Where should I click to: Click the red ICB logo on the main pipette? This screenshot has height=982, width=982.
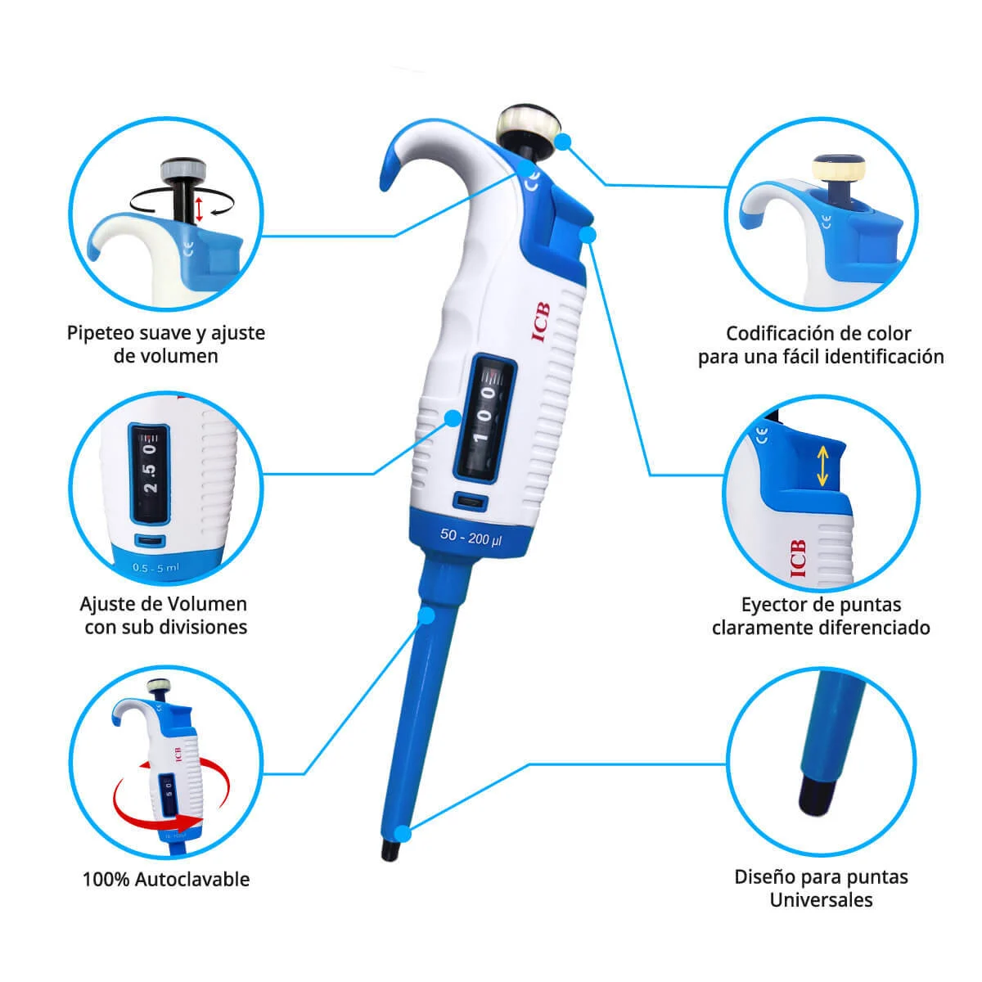coord(540,322)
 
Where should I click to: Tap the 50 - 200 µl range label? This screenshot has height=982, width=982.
coord(471,537)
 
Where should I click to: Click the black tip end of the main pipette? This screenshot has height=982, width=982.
coord(390,850)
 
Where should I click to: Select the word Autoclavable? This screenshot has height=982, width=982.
coord(192,879)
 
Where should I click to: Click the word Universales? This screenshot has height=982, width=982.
coord(821,899)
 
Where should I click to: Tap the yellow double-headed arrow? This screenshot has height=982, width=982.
coord(822,466)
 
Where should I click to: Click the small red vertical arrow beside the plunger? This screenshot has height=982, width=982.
coord(199,209)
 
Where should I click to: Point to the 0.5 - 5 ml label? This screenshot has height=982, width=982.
coord(156,567)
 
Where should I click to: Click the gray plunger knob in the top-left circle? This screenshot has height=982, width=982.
coord(183,169)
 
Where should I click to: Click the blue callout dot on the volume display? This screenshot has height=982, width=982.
coord(453,418)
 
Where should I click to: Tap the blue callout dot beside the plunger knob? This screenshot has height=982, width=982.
coord(562,142)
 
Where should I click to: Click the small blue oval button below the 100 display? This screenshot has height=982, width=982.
coord(471,501)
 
